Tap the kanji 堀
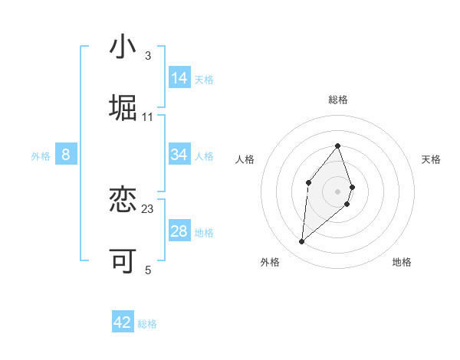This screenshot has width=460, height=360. click(x=123, y=108)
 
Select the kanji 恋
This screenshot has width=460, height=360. click(x=123, y=201)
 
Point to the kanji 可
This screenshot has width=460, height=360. click(x=123, y=261)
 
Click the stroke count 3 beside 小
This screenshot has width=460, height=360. click(x=147, y=55)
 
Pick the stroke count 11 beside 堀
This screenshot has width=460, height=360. click(x=148, y=117)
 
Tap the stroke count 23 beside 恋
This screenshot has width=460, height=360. click(x=148, y=209)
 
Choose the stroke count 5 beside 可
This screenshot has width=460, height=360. click(x=147, y=270)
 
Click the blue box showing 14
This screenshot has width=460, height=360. click(x=179, y=78)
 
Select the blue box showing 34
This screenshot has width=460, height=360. click(x=179, y=155)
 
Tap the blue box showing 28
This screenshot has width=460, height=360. click(x=179, y=231)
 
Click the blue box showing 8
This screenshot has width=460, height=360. click(x=66, y=155)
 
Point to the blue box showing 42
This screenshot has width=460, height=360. click(x=123, y=322)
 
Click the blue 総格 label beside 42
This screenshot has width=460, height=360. click(x=147, y=324)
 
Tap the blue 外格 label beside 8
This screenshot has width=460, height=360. click(x=41, y=156)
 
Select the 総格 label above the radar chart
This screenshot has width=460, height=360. click(x=337, y=100)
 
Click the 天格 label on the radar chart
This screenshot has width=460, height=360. click(x=432, y=159)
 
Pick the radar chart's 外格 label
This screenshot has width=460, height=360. click(x=270, y=262)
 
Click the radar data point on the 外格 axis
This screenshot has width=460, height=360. click(x=302, y=242)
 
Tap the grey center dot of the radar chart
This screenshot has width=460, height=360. click(x=337, y=191)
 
